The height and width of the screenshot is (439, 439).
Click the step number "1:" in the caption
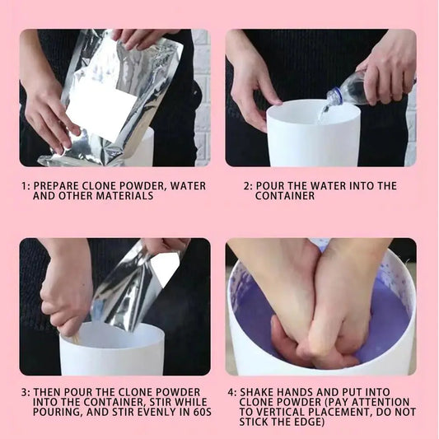click(25, 186)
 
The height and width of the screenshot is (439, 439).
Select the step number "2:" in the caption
click(247, 186)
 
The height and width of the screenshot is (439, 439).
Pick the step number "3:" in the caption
click(25, 392)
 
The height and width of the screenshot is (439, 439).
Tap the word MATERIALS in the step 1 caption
click(124, 197)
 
